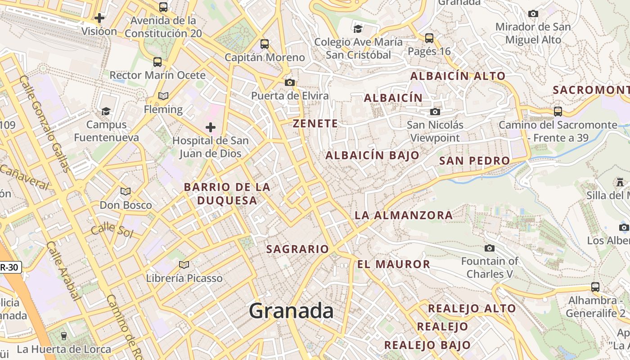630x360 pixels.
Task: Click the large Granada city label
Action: pyautogui.click(x=291, y=311)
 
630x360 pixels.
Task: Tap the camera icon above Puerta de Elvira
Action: pyautogui.click(x=290, y=82)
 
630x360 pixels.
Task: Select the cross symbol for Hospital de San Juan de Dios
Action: pyautogui.click(x=210, y=127)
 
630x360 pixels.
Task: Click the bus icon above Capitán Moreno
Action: pyautogui.click(x=265, y=44)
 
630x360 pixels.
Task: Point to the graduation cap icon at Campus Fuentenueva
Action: pyautogui.click(x=106, y=111)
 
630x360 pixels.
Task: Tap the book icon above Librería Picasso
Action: pyautogui.click(x=184, y=265)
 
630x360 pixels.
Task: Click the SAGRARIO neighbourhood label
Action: pyautogui.click(x=298, y=249)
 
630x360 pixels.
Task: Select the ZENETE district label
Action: pyautogui.click(x=315, y=124)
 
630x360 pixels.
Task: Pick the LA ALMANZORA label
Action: pyautogui.click(x=404, y=215)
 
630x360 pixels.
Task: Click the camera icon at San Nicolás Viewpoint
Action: pyautogui.click(x=435, y=112)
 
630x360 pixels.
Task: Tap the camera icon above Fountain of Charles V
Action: pyautogui.click(x=490, y=248)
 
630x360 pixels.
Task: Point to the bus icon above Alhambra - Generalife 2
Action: pyautogui.click(x=595, y=287)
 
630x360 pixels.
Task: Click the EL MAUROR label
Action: pyautogui.click(x=394, y=264)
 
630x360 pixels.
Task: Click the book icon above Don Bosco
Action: pyautogui.click(x=126, y=192)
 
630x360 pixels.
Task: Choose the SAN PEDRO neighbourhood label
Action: pyautogui.click(x=474, y=161)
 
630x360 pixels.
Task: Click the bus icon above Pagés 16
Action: pyautogui.click(x=429, y=38)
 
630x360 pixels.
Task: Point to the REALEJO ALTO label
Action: pyautogui.click(x=472, y=309)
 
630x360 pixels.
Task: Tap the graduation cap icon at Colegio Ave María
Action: pyautogui.click(x=358, y=29)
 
